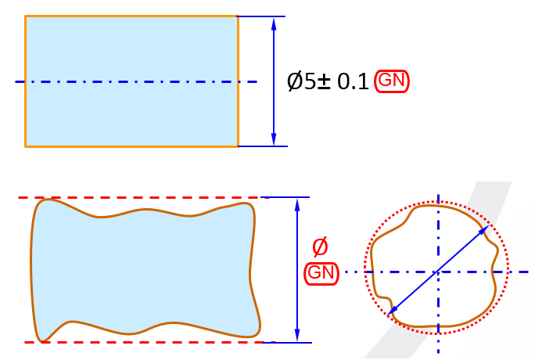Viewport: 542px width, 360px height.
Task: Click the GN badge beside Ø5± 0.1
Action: [392, 81]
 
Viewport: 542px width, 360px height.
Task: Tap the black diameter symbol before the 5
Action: [295, 81]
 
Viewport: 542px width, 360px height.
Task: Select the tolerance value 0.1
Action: [353, 82]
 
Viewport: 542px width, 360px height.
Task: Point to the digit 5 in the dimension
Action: [310, 82]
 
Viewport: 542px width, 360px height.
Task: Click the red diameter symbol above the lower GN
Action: [320, 247]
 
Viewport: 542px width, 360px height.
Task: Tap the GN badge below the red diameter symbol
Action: [321, 273]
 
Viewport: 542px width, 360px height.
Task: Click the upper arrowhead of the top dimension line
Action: [274, 23]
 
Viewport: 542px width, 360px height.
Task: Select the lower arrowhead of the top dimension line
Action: [274, 139]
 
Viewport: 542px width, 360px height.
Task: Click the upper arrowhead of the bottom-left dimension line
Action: [297, 205]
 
